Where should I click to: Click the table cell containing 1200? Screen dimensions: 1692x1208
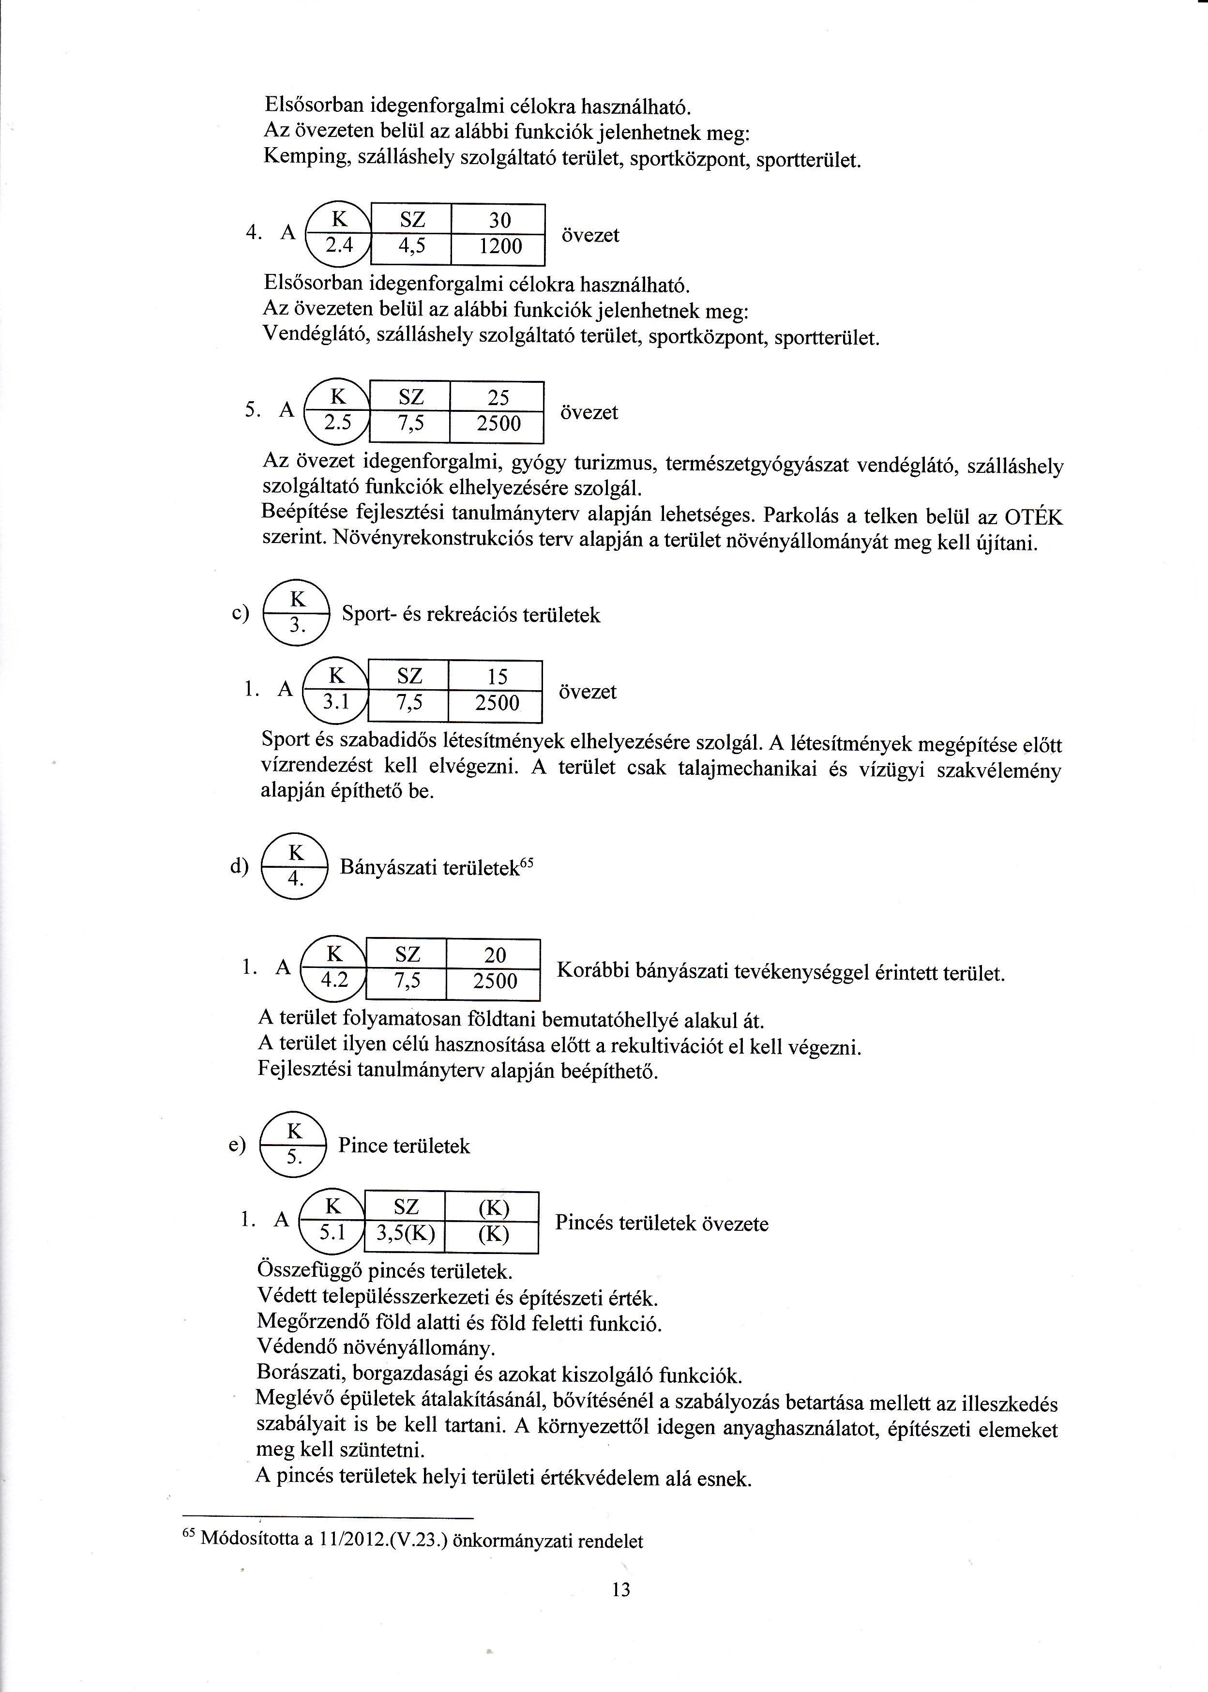point(499,247)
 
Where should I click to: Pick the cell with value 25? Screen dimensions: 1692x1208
point(498,398)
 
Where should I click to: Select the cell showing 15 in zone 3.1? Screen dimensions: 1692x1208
point(496,677)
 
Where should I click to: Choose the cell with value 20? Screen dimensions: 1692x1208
point(494,955)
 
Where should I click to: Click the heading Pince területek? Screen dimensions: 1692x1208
point(404,1146)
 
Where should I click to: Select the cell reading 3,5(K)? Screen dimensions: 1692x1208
point(406,1234)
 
